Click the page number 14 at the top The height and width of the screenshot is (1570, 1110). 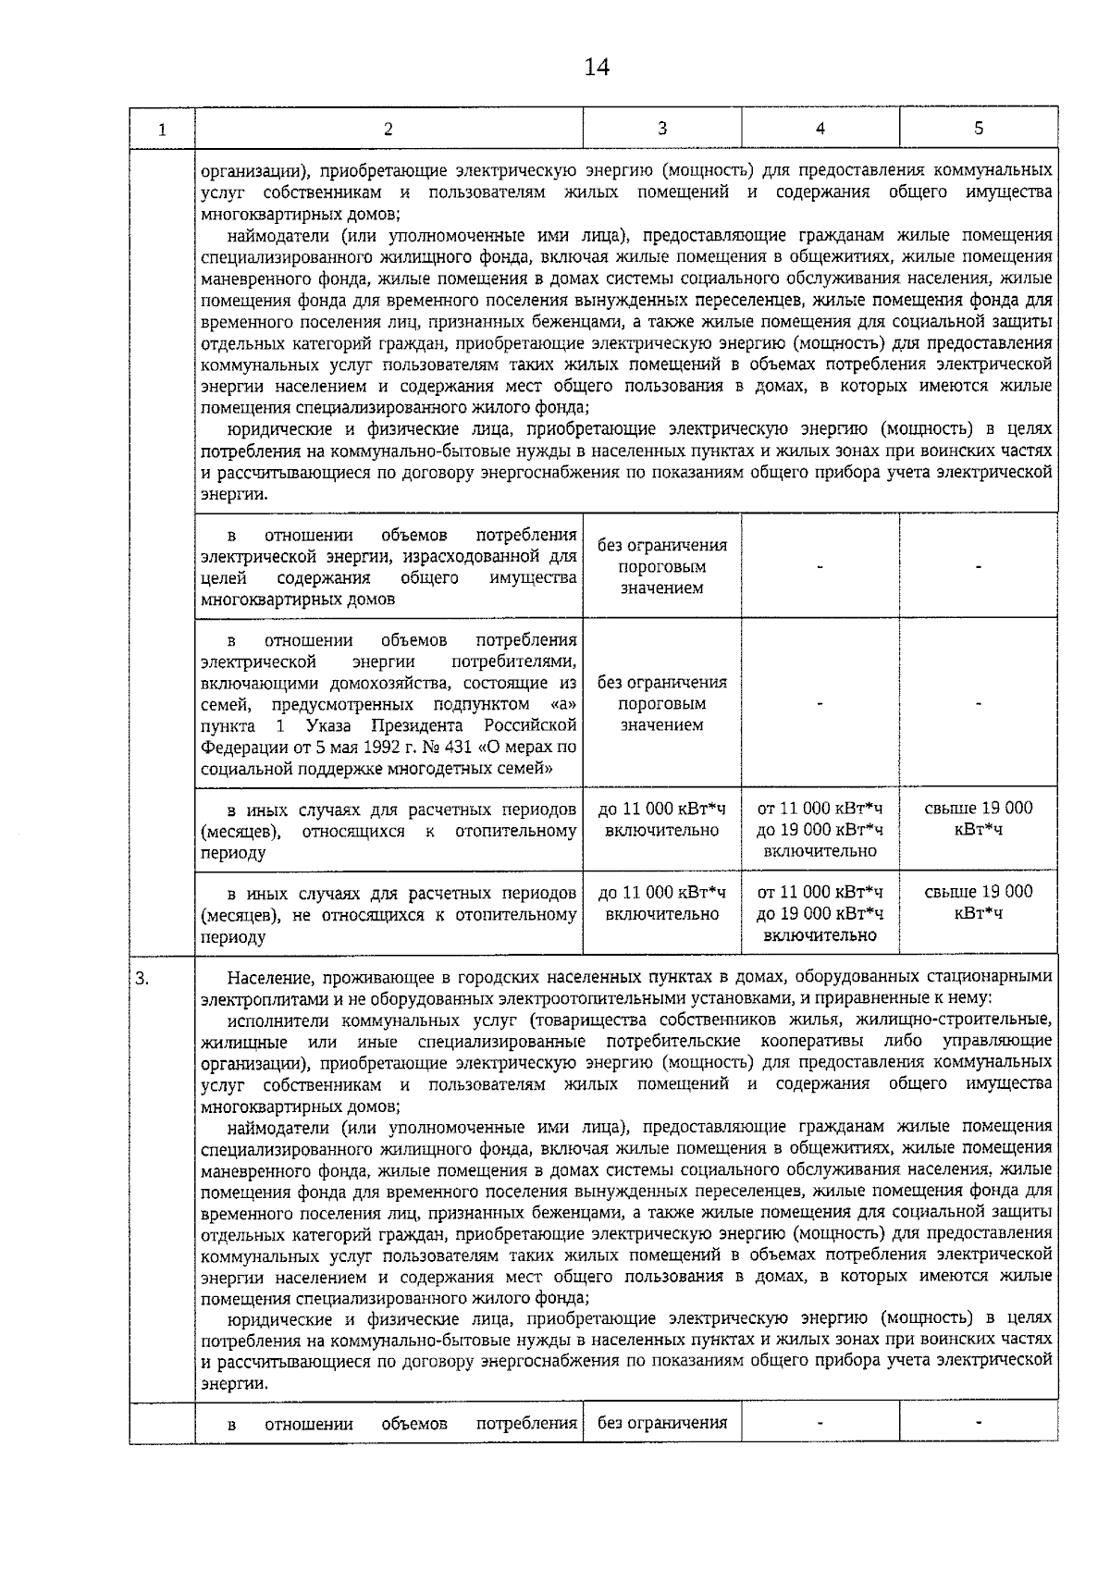click(597, 68)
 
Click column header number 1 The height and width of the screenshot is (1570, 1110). click(162, 130)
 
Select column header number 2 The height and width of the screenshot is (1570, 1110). click(388, 129)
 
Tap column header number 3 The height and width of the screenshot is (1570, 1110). click(661, 129)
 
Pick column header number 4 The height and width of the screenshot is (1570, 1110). click(820, 129)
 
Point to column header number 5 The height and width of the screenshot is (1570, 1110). click(978, 129)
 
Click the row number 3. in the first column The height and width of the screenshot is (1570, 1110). click(142, 977)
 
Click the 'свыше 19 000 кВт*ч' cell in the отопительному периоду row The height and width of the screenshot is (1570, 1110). click(978, 818)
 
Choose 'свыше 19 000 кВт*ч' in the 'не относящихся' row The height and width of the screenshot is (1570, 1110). click(978, 902)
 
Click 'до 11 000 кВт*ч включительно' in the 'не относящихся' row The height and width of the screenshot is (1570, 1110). click(661, 903)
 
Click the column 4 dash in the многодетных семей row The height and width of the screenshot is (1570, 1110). click(820, 703)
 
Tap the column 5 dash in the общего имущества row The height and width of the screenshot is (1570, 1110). click(978, 566)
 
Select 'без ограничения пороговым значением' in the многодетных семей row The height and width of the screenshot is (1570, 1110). click(661, 703)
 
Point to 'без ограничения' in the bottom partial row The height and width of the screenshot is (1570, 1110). click(661, 1423)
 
